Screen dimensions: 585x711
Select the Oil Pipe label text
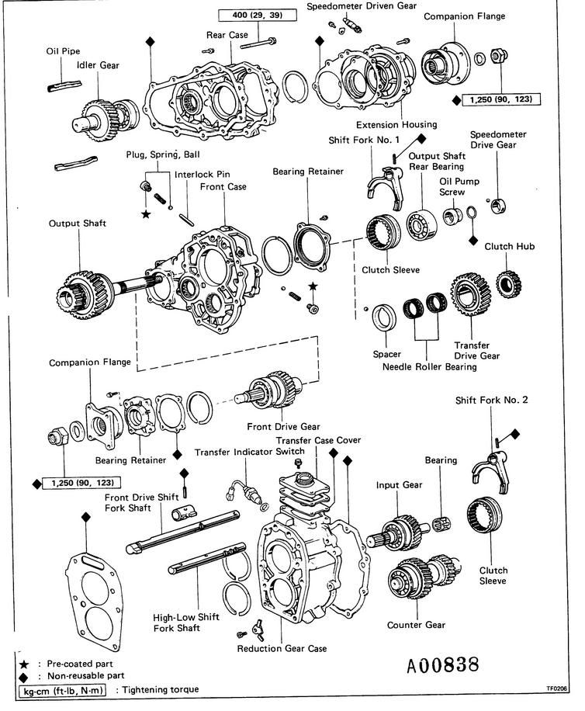click(63, 51)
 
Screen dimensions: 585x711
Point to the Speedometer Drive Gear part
click(499, 206)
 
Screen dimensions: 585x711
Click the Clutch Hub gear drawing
click(508, 283)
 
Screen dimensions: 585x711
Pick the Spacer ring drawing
click(384, 317)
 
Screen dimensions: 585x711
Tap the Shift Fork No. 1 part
click(385, 186)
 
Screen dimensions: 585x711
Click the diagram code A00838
click(443, 665)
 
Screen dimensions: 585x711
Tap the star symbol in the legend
click(24, 664)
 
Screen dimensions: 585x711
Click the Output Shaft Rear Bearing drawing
click(421, 225)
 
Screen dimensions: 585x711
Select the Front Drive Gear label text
click(283, 427)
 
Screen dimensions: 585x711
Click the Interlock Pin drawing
click(187, 220)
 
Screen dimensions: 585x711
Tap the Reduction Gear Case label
click(282, 648)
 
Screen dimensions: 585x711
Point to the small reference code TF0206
click(556, 688)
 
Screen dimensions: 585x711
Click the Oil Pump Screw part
click(452, 216)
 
